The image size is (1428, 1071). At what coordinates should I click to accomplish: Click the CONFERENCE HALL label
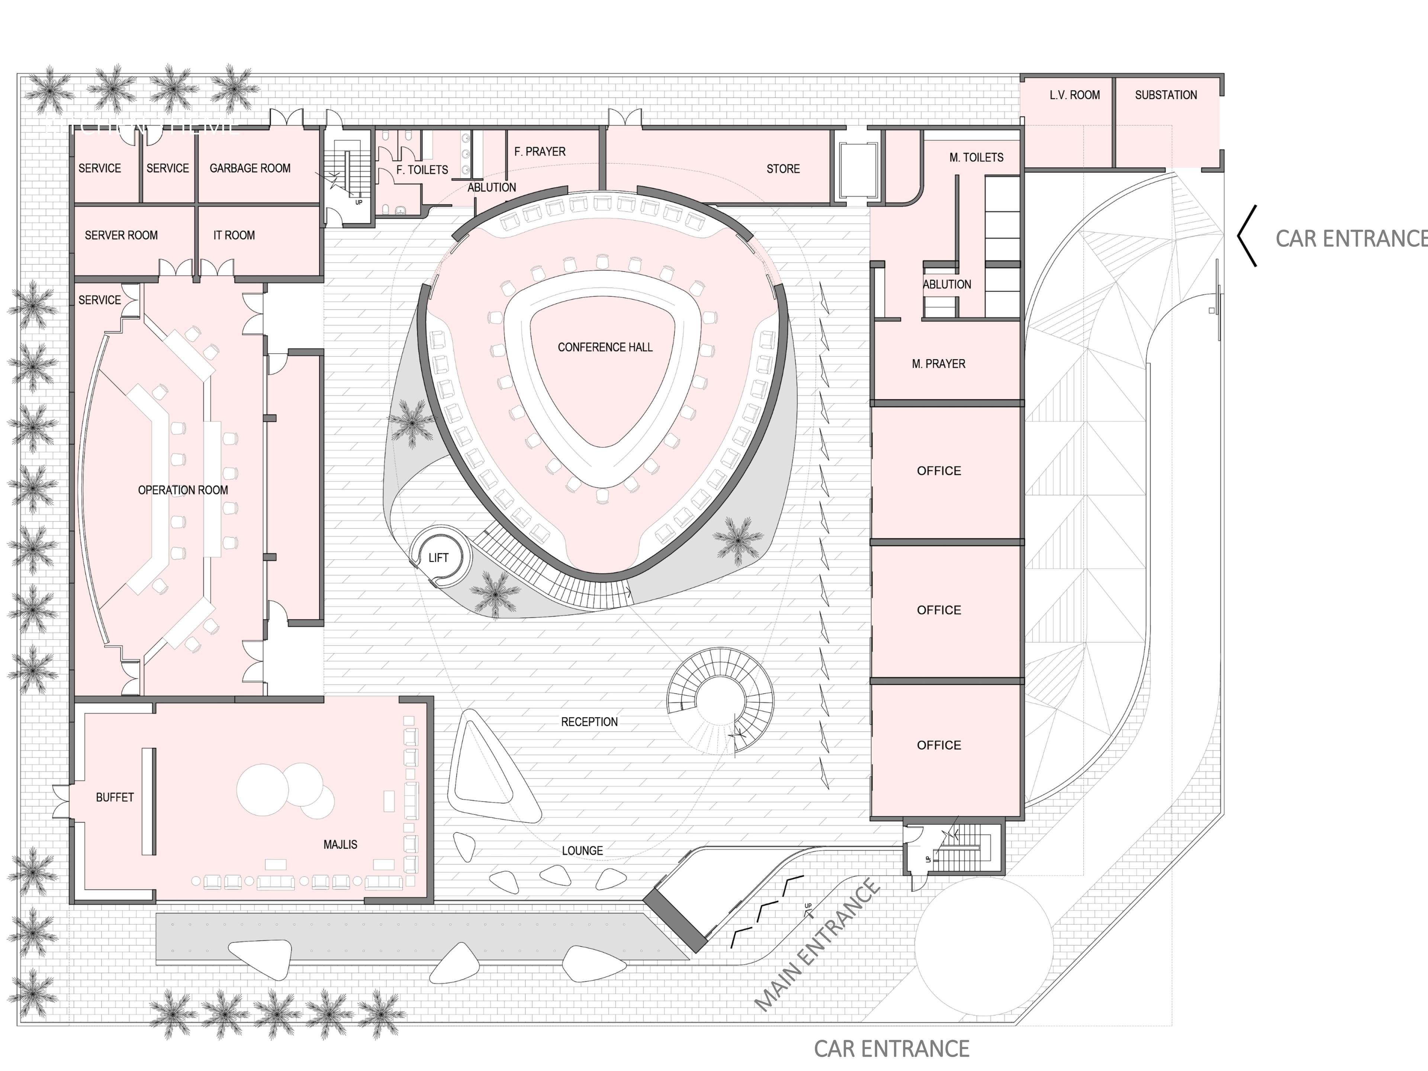point(605,347)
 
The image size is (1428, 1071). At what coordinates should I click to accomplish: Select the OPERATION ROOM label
point(183,490)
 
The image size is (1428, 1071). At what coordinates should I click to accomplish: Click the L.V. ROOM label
point(1074,95)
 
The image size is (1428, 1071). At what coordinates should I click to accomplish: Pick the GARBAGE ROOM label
point(250,168)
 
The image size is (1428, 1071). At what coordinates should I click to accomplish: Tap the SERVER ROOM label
point(121,236)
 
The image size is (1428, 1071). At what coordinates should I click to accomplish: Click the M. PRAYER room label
point(938,364)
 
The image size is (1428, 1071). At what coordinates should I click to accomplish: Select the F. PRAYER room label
point(540,152)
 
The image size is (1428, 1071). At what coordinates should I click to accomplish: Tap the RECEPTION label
point(589,722)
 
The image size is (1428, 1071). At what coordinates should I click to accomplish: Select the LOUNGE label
point(582,851)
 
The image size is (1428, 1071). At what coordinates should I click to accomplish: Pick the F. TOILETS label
point(422,170)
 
